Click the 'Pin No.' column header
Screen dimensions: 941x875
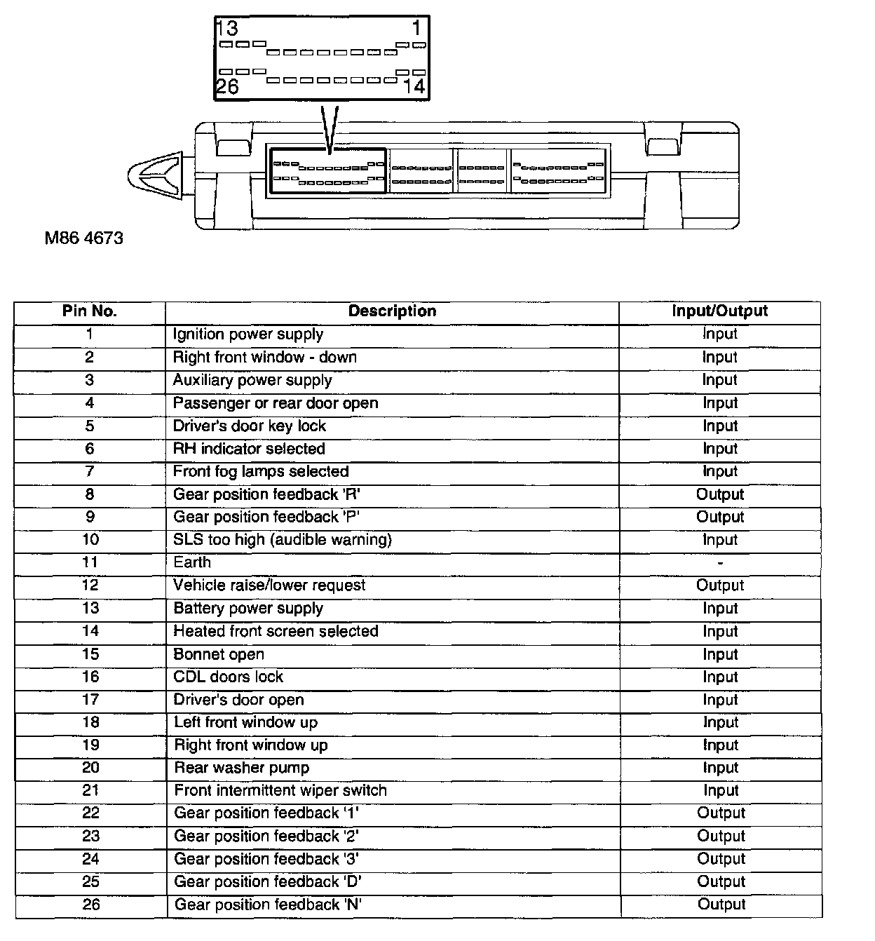pyautogui.click(x=89, y=311)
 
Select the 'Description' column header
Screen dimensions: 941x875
pyautogui.click(x=392, y=311)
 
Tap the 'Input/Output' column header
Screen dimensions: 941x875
pyautogui.click(x=719, y=311)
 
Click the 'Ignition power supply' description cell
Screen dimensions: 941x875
pyautogui.click(x=248, y=334)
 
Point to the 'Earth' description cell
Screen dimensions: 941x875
pyautogui.click(x=192, y=562)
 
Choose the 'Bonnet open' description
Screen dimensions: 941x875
pyautogui.click(x=219, y=655)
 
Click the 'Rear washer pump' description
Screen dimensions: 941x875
pyautogui.click(x=242, y=768)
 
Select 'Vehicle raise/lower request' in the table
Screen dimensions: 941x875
pyautogui.click(x=269, y=585)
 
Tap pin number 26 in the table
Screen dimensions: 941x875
pyautogui.click(x=90, y=905)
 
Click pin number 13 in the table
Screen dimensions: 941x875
pyautogui.click(x=90, y=609)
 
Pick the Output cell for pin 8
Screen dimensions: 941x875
pyautogui.click(x=720, y=494)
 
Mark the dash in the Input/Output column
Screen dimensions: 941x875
pyautogui.click(x=720, y=563)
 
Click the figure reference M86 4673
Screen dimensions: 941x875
pyautogui.click(x=83, y=238)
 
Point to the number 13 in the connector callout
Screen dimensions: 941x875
pyautogui.click(x=227, y=29)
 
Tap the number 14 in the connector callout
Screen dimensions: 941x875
pyautogui.click(x=414, y=86)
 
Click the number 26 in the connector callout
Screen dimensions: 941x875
pyautogui.click(x=227, y=86)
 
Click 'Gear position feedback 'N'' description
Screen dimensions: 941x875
pyautogui.click(x=268, y=905)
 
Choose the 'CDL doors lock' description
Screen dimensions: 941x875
pyautogui.click(x=229, y=677)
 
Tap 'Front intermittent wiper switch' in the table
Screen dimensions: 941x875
pyautogui.click(x=280, y=791)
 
